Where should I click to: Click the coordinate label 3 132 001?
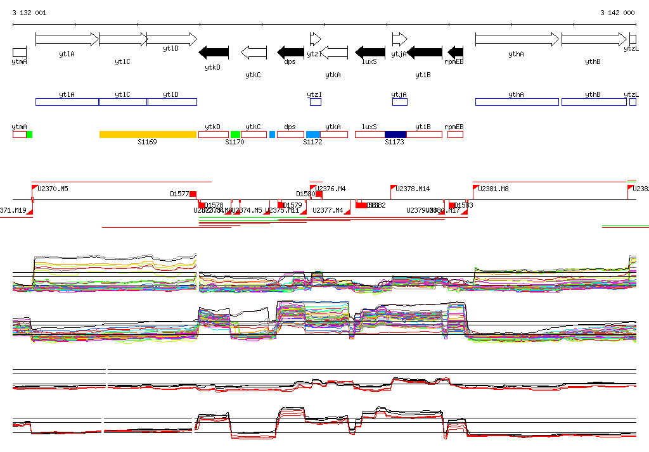click(x=29, y=13)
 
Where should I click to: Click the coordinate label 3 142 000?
click(x=617, y=13)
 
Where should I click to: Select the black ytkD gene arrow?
click(x=214, y=52)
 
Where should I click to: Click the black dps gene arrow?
click(x=291, y=52)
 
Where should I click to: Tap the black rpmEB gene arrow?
click(x=456, y=52)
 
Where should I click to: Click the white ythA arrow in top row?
click(x=517, y=39)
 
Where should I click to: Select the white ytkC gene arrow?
click(x=254, y=52)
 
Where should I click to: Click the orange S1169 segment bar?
click(x=148, y=134)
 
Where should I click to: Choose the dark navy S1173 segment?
click(x=395, y=134)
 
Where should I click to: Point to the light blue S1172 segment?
click(x=313, y=134)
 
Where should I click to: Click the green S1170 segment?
click(x=235, y=134)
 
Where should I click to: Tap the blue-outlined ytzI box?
click(x=315, y=102)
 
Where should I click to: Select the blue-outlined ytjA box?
click(x=399, y=102)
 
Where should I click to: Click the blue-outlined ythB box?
click(x=593, y=102)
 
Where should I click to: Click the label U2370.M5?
click(x=53, y=189)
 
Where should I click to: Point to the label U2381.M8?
click(x=493, y=189)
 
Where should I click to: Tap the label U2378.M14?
click(x=413, y=189)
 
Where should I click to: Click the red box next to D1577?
click(x=193, y=194)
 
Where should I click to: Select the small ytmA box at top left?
click(x=19, y=52)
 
